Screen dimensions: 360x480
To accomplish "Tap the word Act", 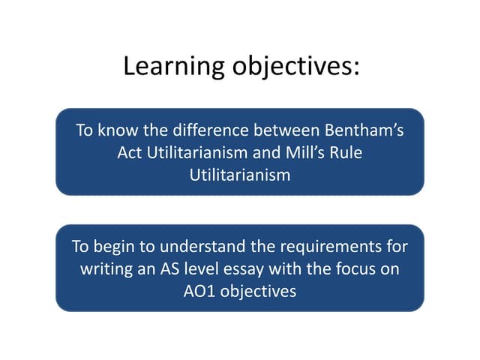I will (130, 152).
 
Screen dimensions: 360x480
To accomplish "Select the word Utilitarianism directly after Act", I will (196, 152).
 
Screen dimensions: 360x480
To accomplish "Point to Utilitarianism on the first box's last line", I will (240, 174).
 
